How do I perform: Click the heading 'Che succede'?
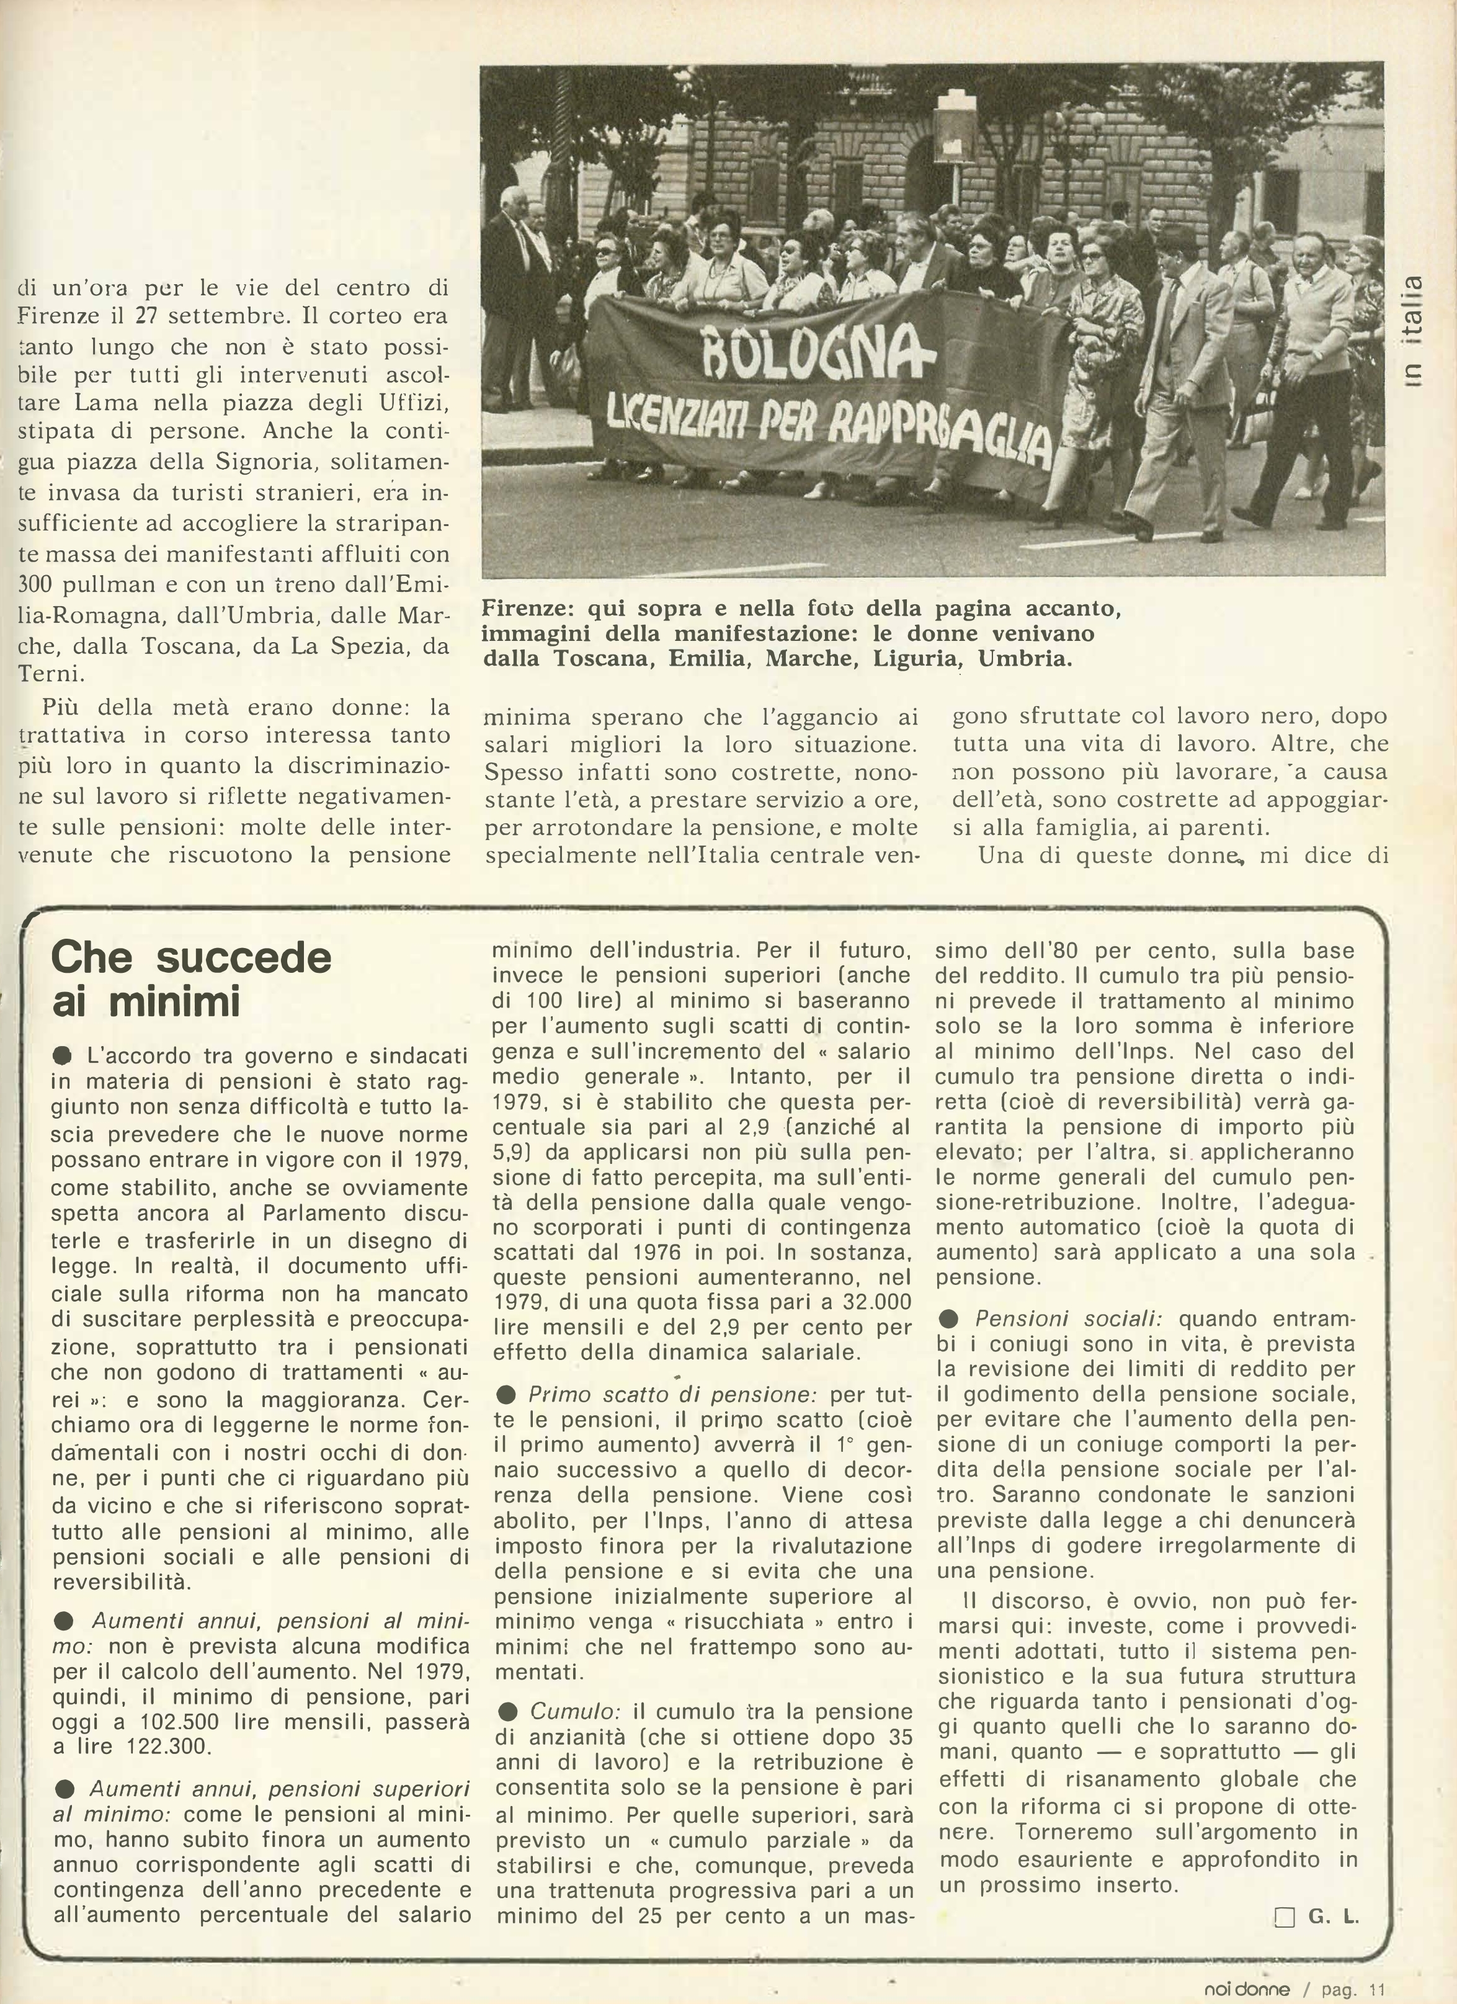191,957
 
